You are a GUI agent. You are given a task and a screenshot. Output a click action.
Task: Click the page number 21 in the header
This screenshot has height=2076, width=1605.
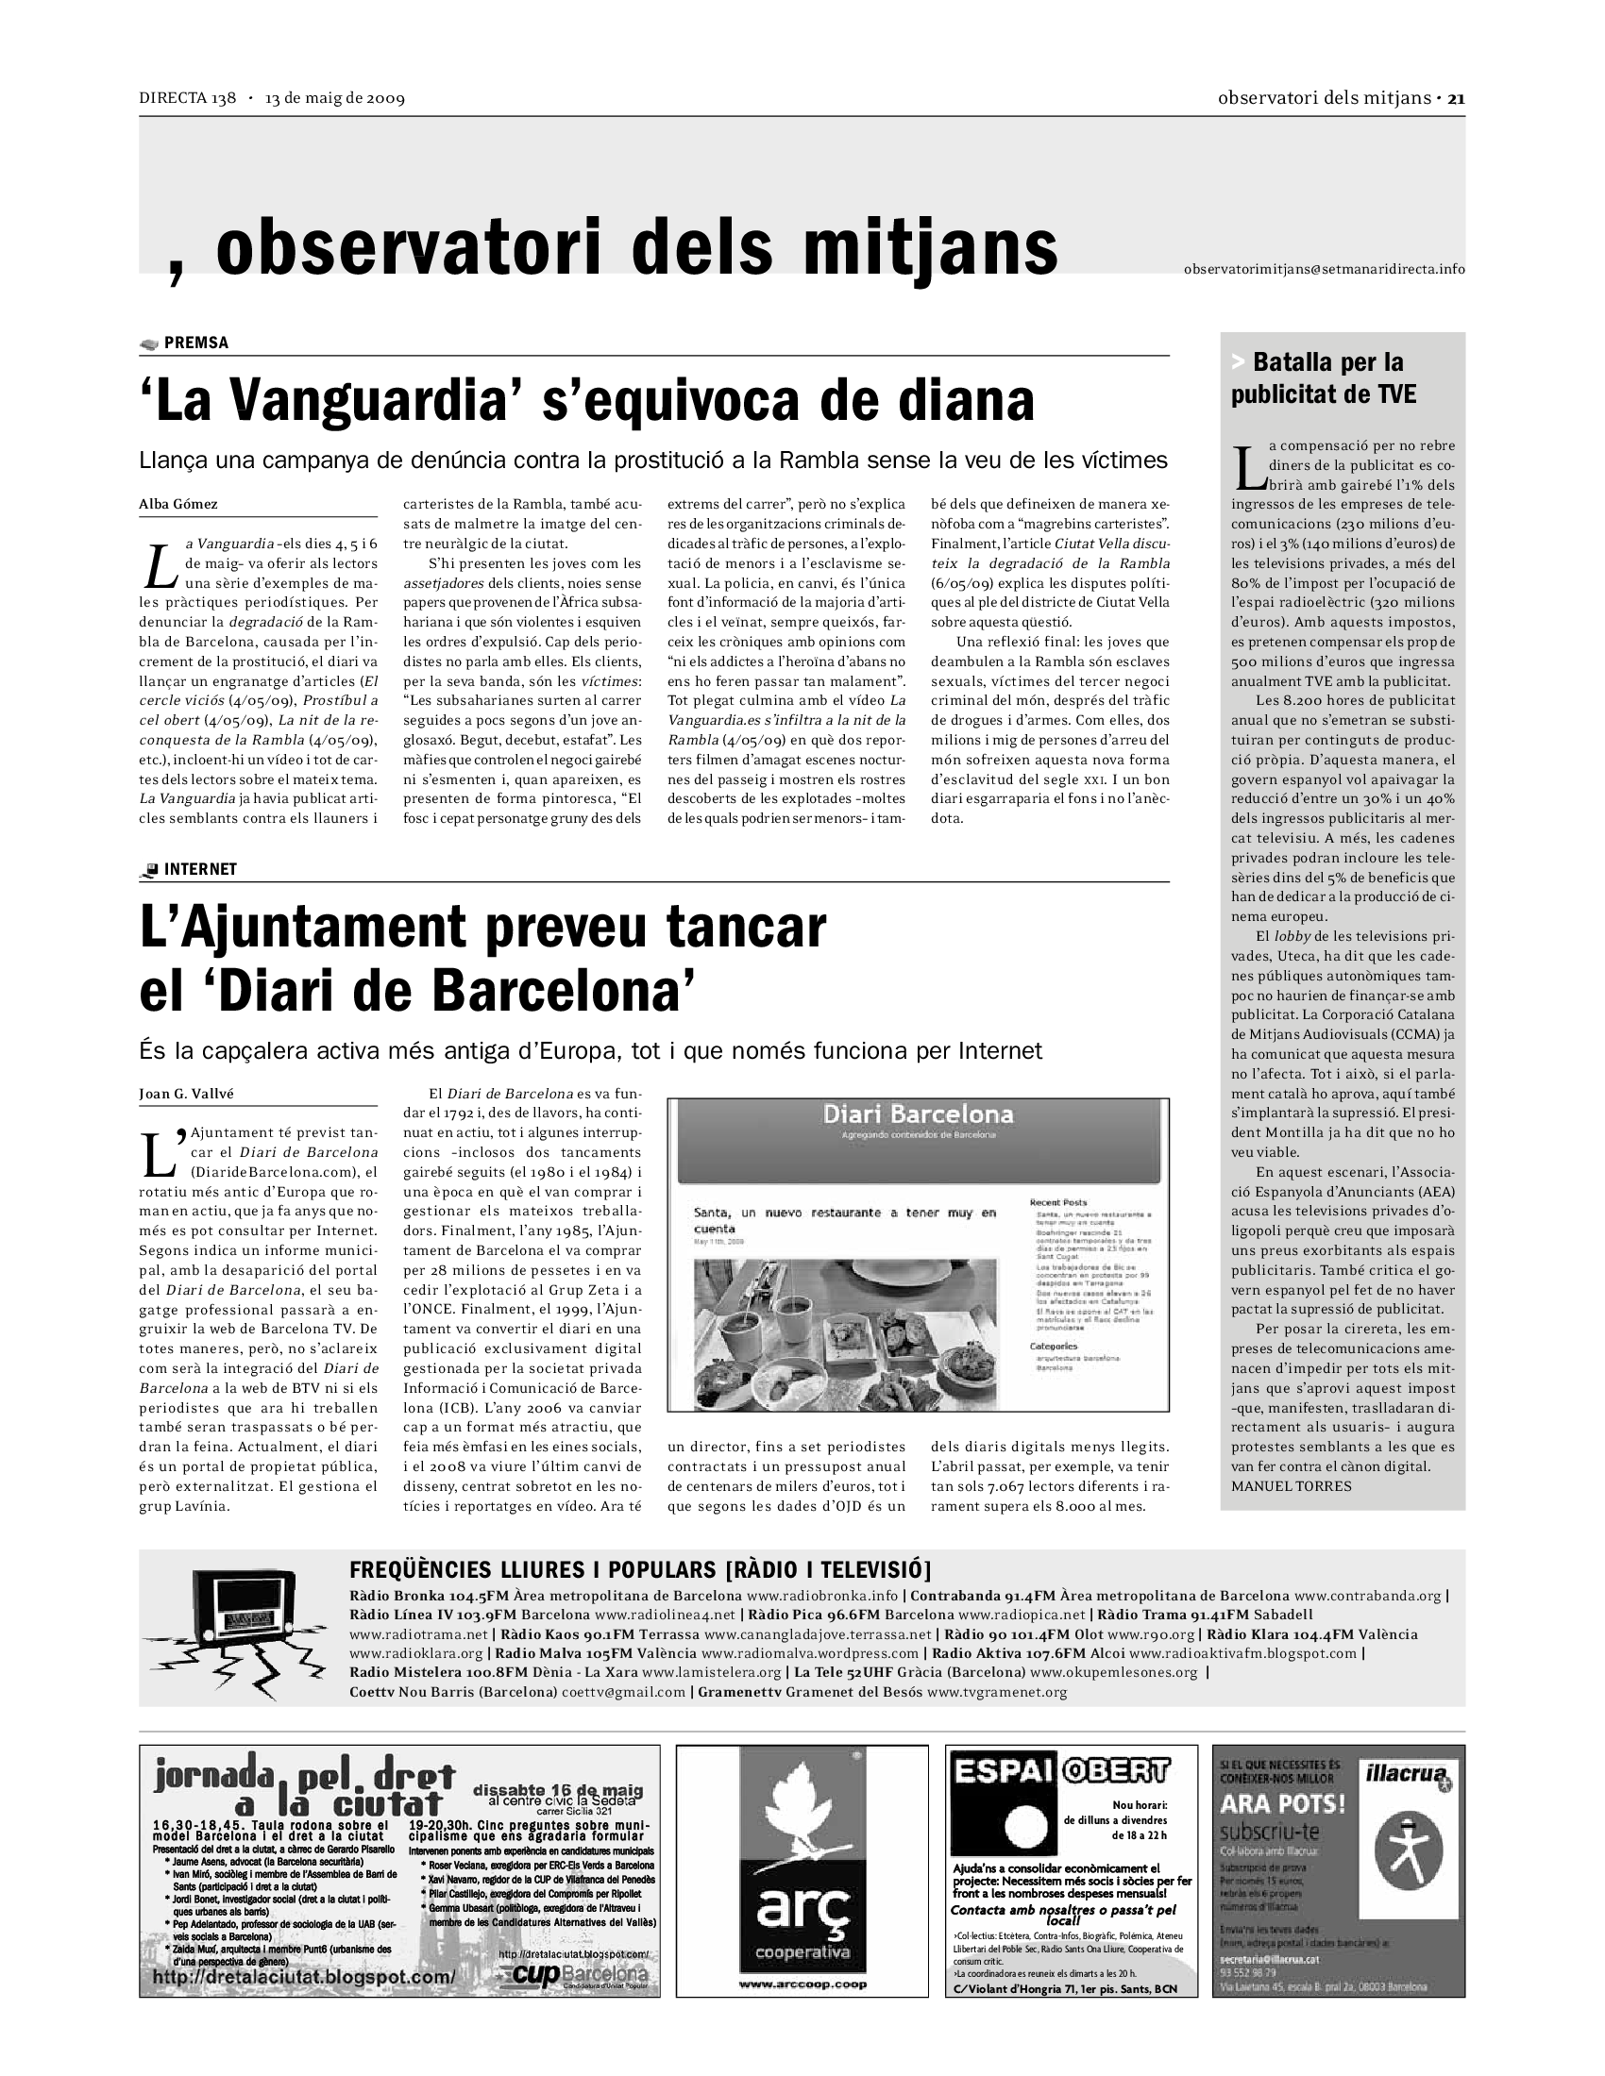coord(1456,98)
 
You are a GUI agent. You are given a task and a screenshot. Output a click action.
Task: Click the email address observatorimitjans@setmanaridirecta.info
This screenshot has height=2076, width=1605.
coord(1324,269)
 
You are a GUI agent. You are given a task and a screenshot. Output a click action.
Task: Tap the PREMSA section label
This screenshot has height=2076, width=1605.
coord(195,343)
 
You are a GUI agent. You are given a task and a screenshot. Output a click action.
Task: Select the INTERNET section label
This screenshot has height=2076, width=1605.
coord(199,869)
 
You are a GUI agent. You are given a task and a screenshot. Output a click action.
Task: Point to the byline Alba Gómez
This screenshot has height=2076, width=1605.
coord(177,504)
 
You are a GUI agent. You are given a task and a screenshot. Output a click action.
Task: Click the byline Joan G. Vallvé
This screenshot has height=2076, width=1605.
coord(186,1093)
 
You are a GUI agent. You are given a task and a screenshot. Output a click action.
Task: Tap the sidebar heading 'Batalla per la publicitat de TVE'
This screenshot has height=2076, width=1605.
coord(1323,377)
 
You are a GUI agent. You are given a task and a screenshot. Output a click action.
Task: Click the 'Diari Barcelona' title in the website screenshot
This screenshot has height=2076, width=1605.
coord(918,1114)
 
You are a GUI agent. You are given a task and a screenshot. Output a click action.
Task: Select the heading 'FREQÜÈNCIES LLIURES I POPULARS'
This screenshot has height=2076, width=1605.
coord(532,1569)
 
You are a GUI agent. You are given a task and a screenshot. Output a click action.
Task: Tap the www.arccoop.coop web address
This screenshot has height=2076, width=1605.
coord(802,1984)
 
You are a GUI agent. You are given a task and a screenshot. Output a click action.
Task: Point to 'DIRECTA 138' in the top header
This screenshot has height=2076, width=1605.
coord(187,98)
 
